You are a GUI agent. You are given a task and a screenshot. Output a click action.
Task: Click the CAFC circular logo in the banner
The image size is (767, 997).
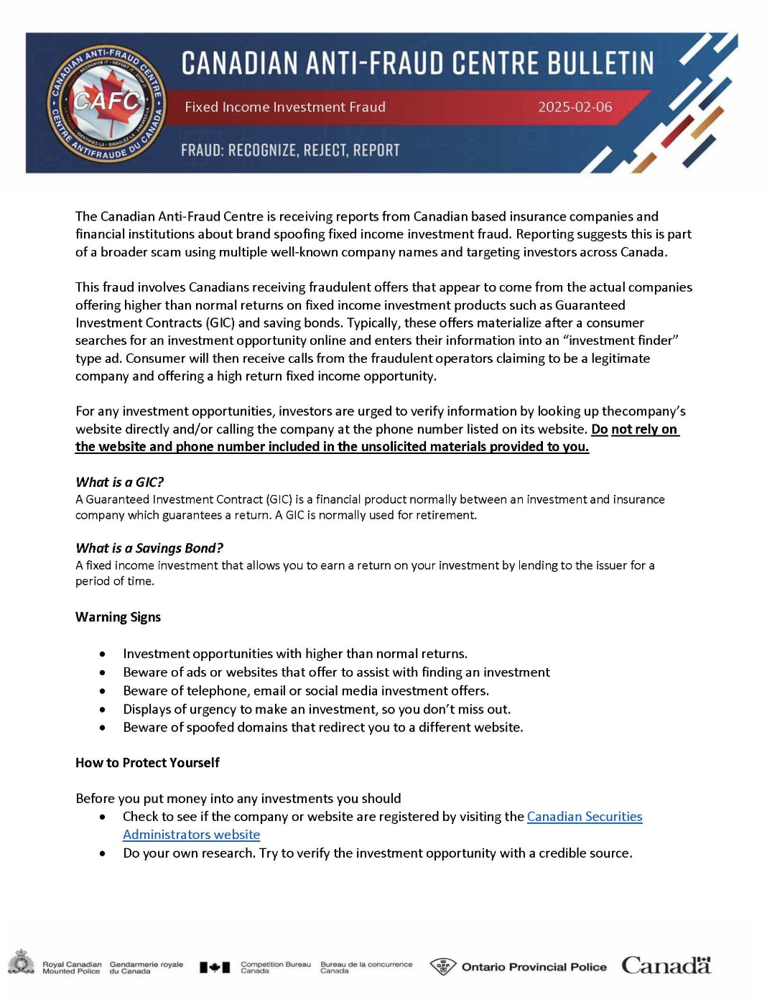(108, 103)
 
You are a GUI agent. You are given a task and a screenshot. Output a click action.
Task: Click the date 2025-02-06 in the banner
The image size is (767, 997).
(575, 107)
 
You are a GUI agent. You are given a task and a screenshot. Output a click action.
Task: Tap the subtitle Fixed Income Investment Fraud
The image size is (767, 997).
(284, 107)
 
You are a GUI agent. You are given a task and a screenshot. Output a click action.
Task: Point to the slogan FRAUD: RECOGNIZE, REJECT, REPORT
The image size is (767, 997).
(290, 150)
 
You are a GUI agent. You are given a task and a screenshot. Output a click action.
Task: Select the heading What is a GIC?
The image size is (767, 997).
(120, 482)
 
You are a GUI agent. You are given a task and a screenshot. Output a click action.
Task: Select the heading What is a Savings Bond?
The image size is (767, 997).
(149, 548)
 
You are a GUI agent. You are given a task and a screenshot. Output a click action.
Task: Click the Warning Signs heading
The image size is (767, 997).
(118, 617)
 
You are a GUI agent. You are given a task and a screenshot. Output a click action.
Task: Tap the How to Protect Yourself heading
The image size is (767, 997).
(147, 763)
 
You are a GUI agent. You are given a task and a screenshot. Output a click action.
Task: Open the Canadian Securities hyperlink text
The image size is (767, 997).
(585, 817)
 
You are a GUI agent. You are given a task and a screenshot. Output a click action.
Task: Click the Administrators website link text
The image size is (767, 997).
(191, 835)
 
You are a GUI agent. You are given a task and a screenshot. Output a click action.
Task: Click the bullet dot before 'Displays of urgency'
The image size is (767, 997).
(103, 710)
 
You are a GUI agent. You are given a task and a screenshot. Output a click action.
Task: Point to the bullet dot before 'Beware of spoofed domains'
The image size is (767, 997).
(103, 728)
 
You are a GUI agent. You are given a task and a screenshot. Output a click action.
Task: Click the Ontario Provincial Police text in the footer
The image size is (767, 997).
(534, 967)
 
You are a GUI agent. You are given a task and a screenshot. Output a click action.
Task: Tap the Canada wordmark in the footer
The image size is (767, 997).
(666, 965)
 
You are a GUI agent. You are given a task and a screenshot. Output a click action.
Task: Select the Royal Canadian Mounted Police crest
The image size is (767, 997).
(22, 963)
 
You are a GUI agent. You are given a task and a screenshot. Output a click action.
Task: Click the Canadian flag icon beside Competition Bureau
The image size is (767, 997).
(215, 968)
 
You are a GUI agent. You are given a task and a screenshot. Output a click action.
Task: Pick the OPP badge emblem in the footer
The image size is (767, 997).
(443, 966)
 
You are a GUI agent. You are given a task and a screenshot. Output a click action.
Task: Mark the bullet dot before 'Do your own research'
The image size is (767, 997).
(103, 853)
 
